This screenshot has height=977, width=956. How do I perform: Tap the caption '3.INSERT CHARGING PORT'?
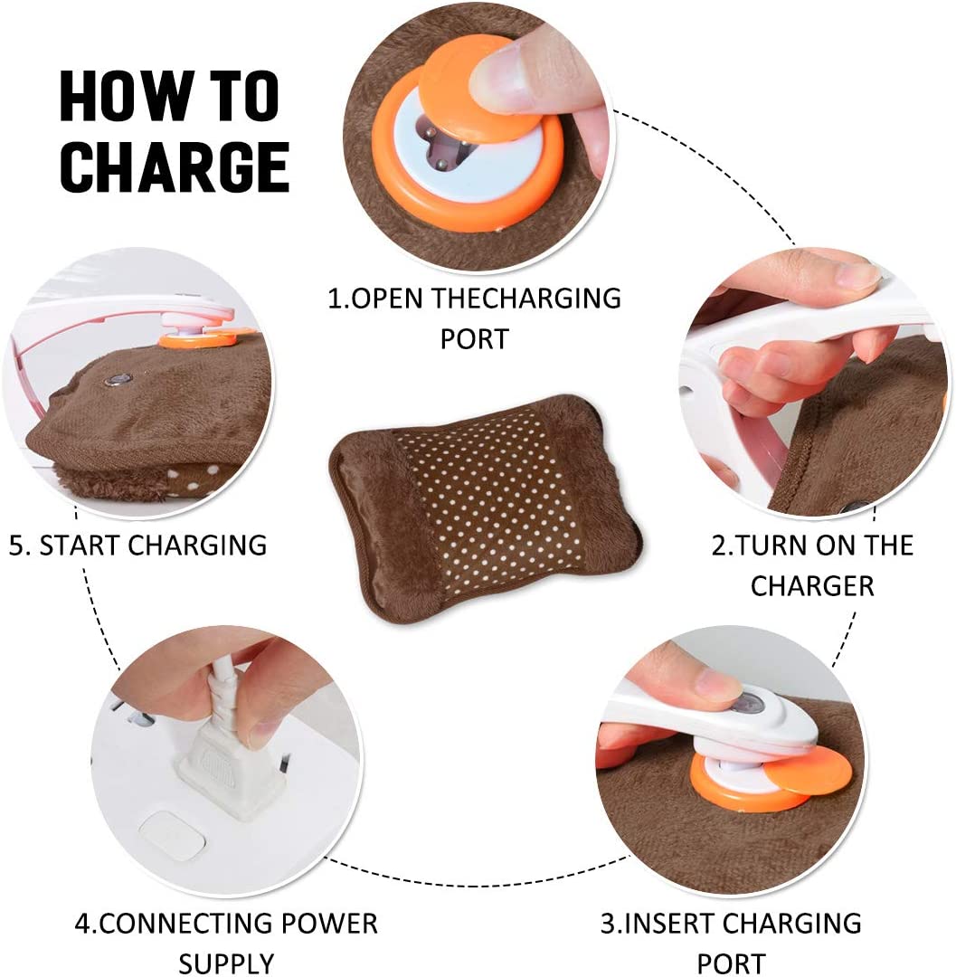pos(731,943)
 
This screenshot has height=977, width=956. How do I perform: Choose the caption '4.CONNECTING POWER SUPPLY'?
pos(225,942)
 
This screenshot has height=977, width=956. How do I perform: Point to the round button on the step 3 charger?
pos(745,705)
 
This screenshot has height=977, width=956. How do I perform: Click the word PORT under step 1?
pos(474,338)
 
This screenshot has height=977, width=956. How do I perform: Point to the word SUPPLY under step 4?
pos(226,963)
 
